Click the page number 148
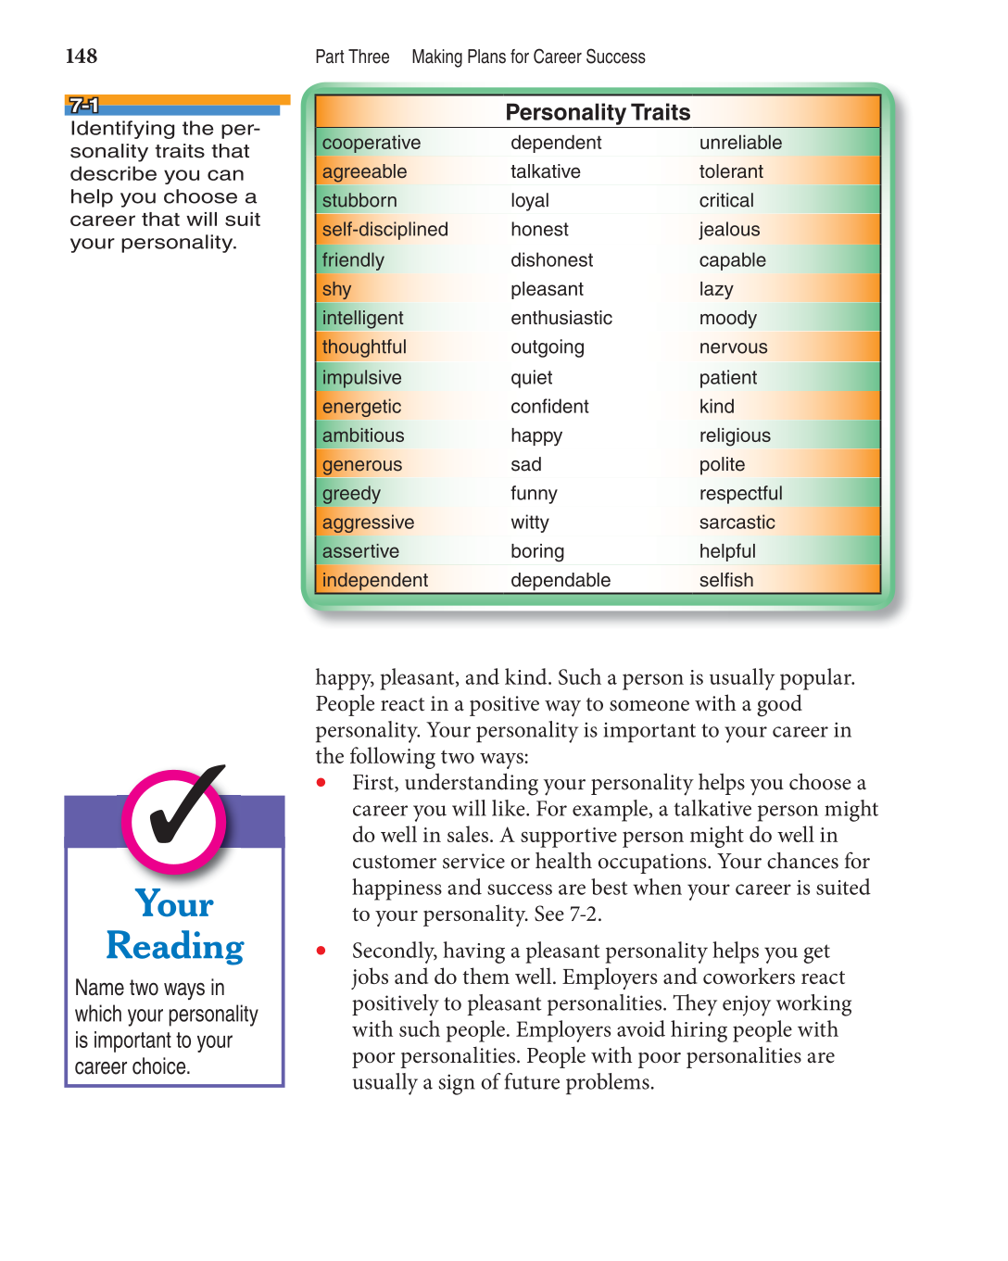82,57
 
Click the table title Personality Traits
598,112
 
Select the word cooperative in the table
372,143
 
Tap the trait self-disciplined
384,229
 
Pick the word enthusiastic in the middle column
561,318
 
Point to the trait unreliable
740,143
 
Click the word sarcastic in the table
737,523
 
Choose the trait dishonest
551,260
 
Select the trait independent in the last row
374,580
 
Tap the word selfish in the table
726,580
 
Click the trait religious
735,435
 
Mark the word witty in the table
530,523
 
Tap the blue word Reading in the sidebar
175,946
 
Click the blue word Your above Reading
174,903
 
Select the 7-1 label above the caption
83,105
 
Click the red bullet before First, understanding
321,783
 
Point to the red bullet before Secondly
321,951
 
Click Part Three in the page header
352,57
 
